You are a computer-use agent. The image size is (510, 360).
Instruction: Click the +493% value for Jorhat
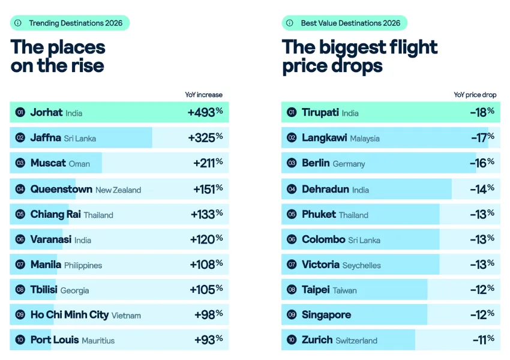(205, 112)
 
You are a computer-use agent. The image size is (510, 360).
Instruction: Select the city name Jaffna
(46, 137)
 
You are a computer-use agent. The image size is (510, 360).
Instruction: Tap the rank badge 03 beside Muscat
(20, 163)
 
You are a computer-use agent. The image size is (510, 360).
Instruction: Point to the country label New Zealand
(118, 190)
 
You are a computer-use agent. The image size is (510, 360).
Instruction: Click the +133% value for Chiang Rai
(206, 214)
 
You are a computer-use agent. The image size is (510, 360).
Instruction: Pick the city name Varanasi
(51, 239)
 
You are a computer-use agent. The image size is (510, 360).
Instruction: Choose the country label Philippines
(83, 265)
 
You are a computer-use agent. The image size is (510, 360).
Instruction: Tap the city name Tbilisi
(44, 290)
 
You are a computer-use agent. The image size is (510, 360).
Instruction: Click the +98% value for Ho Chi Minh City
(208, 314)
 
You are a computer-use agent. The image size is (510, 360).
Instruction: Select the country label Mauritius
(98, 340)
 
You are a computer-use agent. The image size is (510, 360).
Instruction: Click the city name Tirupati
(320, 112)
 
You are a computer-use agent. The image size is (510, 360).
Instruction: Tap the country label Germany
(349, 164)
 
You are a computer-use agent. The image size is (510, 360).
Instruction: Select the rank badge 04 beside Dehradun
(292, 189)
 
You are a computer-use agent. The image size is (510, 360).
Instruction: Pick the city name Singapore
(326, 315)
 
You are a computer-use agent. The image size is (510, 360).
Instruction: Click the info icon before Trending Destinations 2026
(18, 23)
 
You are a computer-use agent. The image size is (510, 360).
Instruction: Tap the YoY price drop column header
(475, 95)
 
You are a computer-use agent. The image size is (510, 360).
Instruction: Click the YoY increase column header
(203, 95)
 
